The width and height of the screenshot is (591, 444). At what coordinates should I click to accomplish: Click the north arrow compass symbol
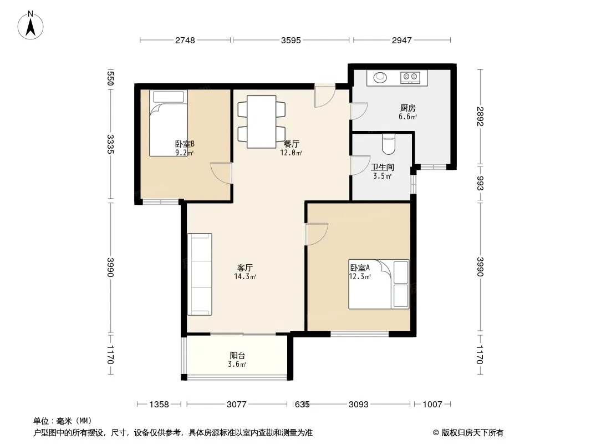click(x=30, y=26)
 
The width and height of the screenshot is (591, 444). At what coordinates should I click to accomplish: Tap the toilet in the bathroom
click(x=388, y=144)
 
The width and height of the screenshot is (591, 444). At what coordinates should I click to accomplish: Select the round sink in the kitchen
click(x=380, y=78)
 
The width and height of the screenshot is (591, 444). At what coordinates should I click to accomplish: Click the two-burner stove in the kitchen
click(x=410, y=77)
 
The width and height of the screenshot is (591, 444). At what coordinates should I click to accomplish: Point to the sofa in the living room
click(x=200, y=274)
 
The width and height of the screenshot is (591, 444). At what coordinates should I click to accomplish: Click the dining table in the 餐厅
click(x=262, y=122)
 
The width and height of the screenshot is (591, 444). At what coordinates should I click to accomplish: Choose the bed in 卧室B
click(x=169, y=123)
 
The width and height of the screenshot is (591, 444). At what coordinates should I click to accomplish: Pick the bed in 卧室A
click(x=379, y=284)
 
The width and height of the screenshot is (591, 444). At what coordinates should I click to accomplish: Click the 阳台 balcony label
click(x=237, y=355)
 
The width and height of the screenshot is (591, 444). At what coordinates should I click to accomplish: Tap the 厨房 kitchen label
click(x=408, y=108)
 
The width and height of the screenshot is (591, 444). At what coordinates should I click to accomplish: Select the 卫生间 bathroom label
click(x=382, y=167)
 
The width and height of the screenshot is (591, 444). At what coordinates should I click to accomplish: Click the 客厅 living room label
click(x=244, y=268)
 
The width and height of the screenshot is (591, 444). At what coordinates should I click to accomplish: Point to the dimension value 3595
click(x=291, y=40)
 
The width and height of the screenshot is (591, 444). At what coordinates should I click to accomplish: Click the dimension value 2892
click(x=480, y=117)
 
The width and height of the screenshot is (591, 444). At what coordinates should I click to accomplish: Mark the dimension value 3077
click(x=237, y=405)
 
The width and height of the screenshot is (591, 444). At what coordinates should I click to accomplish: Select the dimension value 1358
click(x=159, y=405)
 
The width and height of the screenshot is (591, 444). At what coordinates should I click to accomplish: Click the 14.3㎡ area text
click(x=246, y=276)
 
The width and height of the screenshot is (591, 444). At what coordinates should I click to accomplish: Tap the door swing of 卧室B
click(x=221, y=173)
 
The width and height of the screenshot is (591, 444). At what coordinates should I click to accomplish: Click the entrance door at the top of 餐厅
click(x=325, y=96)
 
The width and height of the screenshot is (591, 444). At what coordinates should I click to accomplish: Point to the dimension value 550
click(x=110, y=78)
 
